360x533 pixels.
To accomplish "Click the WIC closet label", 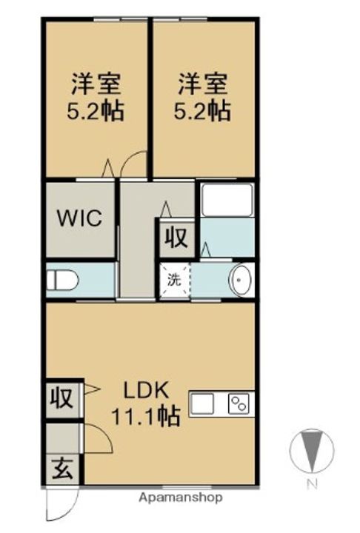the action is (x=79, y=218).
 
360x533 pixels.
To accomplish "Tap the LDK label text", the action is (x=146, y=391).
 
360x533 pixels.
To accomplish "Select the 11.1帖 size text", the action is (x=146, y=416).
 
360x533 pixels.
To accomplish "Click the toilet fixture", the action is (x=62, y=281).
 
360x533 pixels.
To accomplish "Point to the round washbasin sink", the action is (x=240, y=280).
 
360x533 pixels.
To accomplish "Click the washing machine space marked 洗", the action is (x=175, y=280).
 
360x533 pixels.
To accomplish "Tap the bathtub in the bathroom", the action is (x=227, y=200).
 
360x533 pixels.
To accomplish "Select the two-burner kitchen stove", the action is (x=239, y=403).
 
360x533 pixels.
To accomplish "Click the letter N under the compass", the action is (x=311, y=483).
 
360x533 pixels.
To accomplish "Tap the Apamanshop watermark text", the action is (x=181, y=498).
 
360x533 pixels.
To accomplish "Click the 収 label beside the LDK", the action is (x=62, y=398).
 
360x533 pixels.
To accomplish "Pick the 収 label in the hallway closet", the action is (x=176, y=238).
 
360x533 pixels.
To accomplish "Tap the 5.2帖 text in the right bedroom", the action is (x=203, y=110).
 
